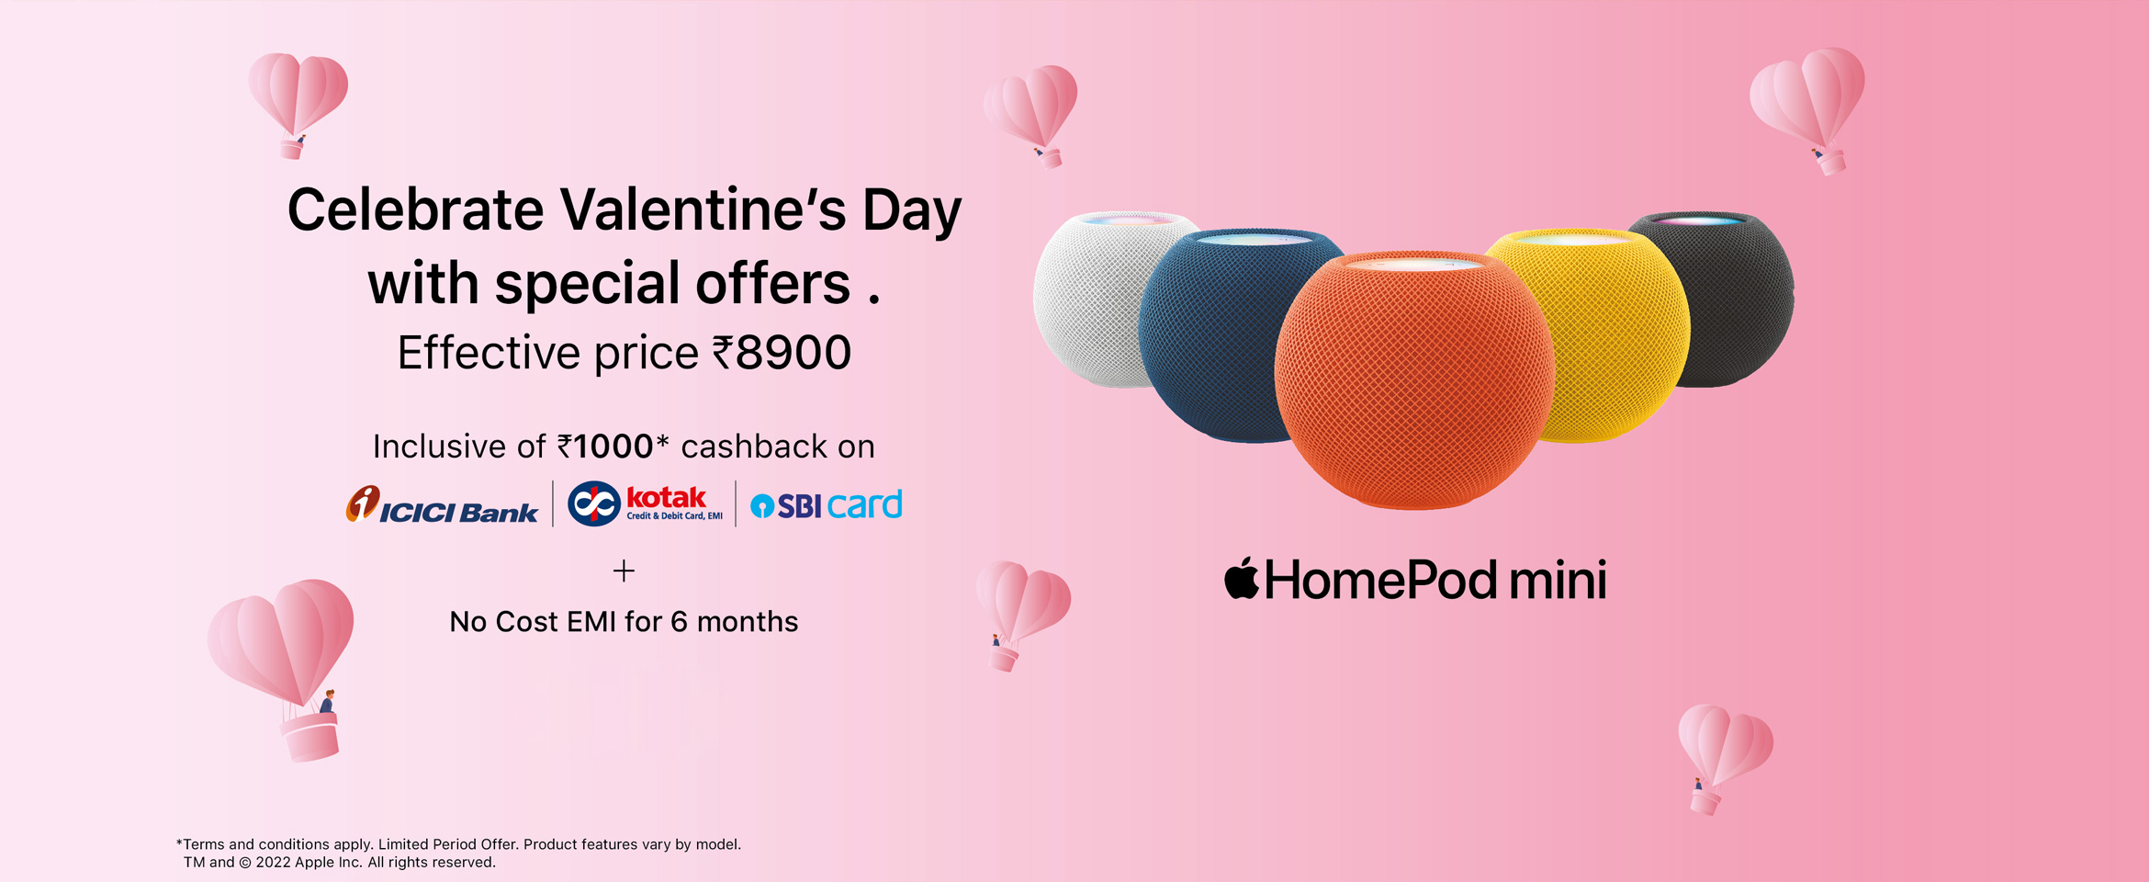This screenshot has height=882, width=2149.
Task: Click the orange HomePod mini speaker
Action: point(1414,381)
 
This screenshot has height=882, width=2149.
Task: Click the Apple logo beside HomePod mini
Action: point(1242,578)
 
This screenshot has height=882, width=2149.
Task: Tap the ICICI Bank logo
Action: point(442,504)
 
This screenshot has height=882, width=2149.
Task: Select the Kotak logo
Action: point(645,503)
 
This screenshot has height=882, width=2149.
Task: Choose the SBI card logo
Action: point(827,505)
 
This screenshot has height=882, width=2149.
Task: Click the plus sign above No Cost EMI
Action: point(624,571)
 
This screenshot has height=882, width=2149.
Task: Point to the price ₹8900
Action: point(782,353)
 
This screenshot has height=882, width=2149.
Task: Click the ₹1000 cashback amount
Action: point(606,447)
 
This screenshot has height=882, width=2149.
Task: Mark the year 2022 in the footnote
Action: point(273,863)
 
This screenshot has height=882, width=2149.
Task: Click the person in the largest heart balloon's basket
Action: point(327,701)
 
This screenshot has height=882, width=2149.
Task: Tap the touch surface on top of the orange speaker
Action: point(1415,264)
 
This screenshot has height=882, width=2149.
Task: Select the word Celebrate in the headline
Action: point(416,210)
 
